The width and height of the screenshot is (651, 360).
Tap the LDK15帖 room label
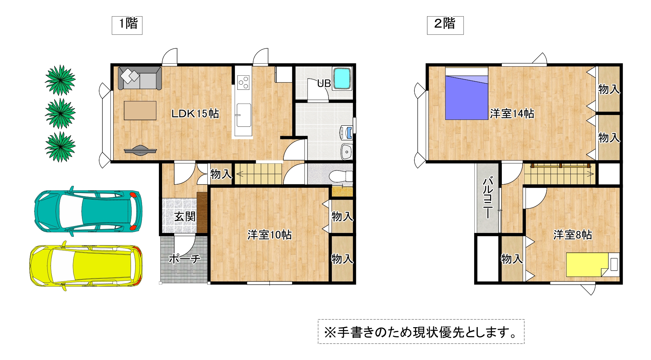(x=195, y=113)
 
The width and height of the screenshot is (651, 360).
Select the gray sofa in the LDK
(x=140, y=78)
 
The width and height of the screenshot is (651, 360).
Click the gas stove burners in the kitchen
(x=243, y=82)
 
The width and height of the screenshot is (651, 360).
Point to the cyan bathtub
(x=342, y=78)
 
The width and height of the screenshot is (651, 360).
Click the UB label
(x=324, y=84)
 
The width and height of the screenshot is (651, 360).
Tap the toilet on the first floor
(x=341, y=176)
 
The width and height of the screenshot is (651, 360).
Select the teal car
(x=88, y=211)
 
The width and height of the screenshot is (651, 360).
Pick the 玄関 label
(x=185, y=216)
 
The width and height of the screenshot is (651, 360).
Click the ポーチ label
(x=184, y=259)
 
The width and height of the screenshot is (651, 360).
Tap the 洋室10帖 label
(x=269, y=235)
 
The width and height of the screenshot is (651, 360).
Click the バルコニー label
(x=488, y=198)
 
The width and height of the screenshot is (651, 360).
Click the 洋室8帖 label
(x=573, y=235)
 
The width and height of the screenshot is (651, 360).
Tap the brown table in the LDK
(x=140, y=110)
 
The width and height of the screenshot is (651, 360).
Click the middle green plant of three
(x=60, y=113)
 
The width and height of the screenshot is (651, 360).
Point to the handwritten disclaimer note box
(x=421, y=332)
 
